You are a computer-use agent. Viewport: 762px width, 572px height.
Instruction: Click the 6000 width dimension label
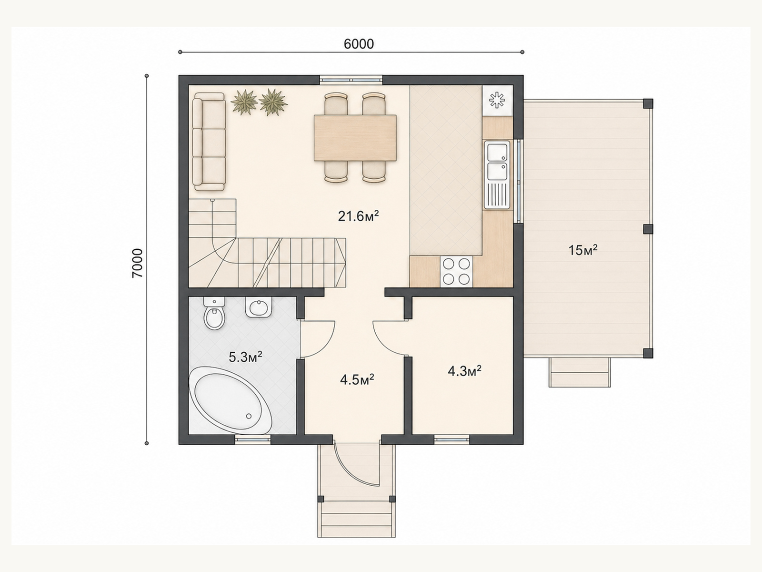pos(359,44)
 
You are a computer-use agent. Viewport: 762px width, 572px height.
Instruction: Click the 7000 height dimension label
pos(138,263)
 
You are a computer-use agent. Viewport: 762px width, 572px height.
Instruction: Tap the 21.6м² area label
pos(358,216)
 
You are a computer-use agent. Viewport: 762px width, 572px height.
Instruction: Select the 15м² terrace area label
pos(583,250)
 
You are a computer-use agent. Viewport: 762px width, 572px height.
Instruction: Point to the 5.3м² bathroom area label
pos(245,357)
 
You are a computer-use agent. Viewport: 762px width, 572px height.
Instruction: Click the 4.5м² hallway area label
pos(357,379)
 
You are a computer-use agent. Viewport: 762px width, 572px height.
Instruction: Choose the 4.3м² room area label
pos(464,371)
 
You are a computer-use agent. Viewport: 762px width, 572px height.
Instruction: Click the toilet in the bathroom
pos(214,313)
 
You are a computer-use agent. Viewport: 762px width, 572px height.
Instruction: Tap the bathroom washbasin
pos(259,306)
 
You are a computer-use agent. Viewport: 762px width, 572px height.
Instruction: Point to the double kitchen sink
pos(497,174)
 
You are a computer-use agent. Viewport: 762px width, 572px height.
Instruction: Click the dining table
pos(355,138)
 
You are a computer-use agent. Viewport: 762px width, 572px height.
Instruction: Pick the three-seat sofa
pos(210,142)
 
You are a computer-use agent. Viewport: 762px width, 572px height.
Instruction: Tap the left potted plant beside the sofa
pos(245,102)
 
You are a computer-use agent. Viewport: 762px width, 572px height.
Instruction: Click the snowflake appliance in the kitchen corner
pos(497,101)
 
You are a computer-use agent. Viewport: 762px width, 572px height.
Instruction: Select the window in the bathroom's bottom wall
pos(253,439)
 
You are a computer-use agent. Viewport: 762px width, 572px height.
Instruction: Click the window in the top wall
pos(351,80)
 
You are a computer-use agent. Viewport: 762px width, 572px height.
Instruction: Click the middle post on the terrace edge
pos(648,229)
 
